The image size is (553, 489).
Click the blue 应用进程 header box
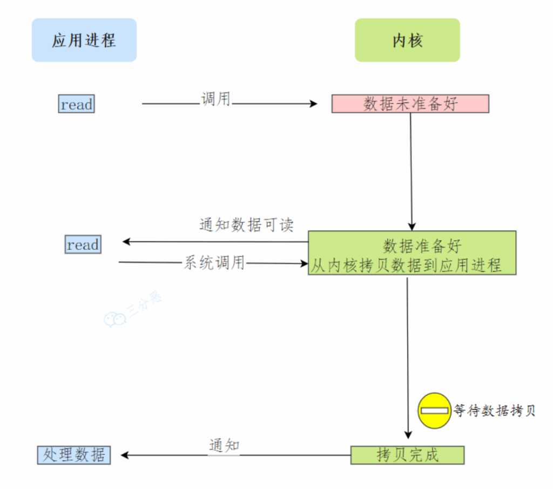[x=84, y=40]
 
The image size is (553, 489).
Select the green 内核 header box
[x=407, y=40]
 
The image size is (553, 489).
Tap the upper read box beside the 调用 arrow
[x=76, y=104]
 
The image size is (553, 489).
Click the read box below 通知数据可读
[x=83, y=245]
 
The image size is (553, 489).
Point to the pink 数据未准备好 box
[x=410, y=104]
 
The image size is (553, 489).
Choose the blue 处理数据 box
[x=74, y=454]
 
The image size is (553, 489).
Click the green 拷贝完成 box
[x=407, y=454]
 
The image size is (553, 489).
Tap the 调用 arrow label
[x=215, y=99]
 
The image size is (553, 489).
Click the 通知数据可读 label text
[x=246, y=225]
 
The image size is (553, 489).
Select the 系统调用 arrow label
[x=214, y=263]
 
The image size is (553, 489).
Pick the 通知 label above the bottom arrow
[x=224, y=446]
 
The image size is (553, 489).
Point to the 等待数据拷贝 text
[x=494, y=411]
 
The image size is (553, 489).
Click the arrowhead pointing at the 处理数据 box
[x=125, y=455]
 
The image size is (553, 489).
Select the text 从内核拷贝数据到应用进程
[x=406, y=264]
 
